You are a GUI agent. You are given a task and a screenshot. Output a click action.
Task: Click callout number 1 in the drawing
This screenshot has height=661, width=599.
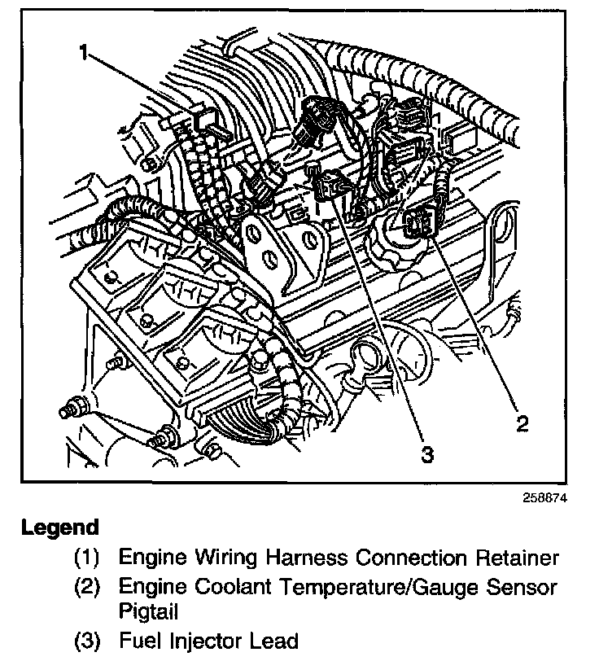pos(84,54)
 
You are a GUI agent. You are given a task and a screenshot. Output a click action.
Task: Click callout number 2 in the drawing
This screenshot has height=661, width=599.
pos(522,422)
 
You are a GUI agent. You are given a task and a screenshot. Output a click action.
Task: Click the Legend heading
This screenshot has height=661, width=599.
pos(59,527)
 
